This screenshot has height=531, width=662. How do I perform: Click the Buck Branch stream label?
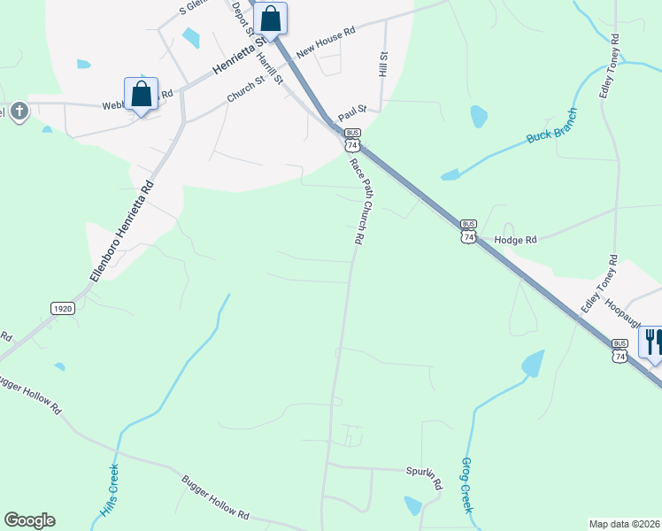tap(551, 127)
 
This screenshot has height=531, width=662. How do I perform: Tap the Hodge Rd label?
tap(516, 240)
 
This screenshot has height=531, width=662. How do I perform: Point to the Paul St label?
tap(351, 108)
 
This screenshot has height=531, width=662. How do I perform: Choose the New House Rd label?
tap(326, 42)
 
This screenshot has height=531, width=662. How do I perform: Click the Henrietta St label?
tap(238, 56)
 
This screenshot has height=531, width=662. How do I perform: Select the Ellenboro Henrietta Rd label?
tap(122, 232)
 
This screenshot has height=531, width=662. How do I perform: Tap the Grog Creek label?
tap(466, 486)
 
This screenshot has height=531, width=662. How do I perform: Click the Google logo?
tap(29, 520)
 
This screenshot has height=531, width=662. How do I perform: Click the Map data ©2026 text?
tap(624, 524)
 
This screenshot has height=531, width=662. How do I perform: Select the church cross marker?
tap(20, 112)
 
